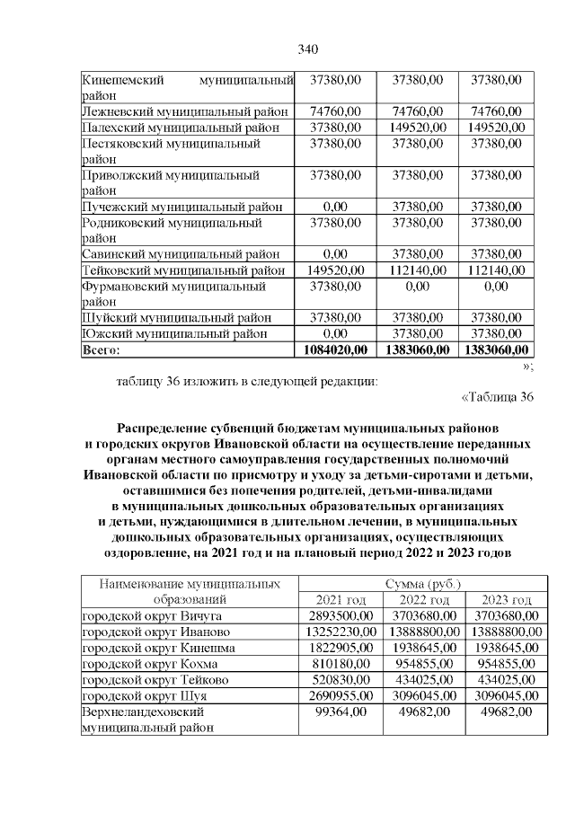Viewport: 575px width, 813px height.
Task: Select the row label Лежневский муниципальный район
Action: click(184, 111)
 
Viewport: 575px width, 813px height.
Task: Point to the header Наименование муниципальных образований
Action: click(189, 592)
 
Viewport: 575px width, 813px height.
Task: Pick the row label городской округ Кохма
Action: click(149, 665)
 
